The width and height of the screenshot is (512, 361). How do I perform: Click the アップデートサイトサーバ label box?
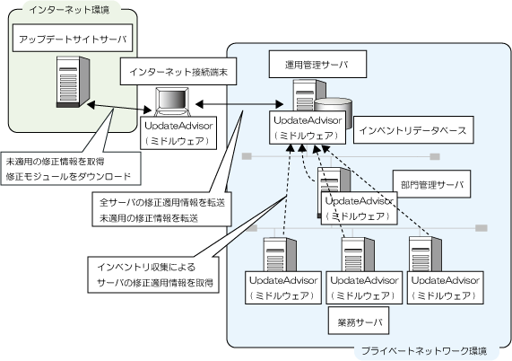tap(73, 38)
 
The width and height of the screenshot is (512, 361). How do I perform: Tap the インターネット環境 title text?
tap(69, 10)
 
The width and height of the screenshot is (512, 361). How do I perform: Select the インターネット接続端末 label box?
tap(178, 72)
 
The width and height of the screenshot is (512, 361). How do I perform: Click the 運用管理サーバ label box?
tap(317, 64)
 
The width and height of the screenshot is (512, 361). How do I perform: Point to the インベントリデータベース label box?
tap(413, 130)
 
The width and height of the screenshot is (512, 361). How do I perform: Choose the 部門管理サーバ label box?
tap(431, 184)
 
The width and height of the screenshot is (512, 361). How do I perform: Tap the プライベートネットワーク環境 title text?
tap(424, 351)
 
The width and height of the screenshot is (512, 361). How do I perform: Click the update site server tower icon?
tap(73, 82)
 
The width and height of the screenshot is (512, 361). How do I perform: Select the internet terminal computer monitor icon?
tap(172, 101)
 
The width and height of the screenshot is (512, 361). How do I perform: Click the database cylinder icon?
tap(334, 111)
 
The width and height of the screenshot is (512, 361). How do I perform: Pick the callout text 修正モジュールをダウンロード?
tap(68, 176)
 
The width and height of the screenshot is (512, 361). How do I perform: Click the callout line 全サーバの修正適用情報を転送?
tap(162, 203)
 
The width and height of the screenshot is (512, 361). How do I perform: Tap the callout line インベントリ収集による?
tap(146, 267)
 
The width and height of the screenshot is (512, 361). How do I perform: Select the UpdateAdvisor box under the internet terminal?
tap(178, 133)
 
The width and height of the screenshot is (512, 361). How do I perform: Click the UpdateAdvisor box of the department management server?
tap(360, 208)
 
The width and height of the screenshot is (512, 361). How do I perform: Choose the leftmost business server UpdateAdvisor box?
tap(283, 287)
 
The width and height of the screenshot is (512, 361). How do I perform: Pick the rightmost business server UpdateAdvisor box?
tap(446, 287)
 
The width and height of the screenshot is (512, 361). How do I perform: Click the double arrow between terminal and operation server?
tap(239, 104)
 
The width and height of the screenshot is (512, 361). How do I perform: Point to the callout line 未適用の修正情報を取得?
tap(56, 162)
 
